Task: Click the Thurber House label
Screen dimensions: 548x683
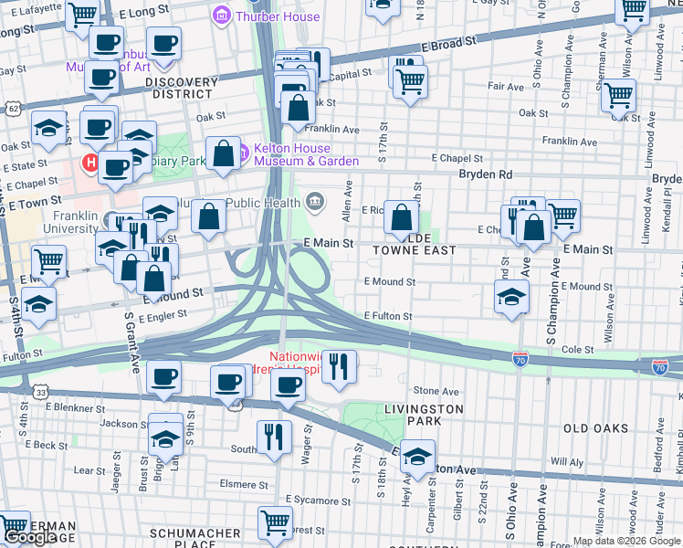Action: click(278, 16)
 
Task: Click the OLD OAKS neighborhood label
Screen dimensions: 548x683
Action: click(596, 428)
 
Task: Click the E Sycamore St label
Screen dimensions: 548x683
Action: click(317, 500)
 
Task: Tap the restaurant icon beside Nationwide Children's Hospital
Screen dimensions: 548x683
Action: click(339, 366)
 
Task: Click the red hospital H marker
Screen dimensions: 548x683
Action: click(90, 163)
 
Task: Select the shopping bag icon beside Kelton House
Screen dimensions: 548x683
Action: click(223, 153)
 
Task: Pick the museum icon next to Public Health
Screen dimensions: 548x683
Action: click(315, 200)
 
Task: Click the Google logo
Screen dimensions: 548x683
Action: click(29, 537)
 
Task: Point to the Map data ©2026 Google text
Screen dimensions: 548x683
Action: click(626, 541)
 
